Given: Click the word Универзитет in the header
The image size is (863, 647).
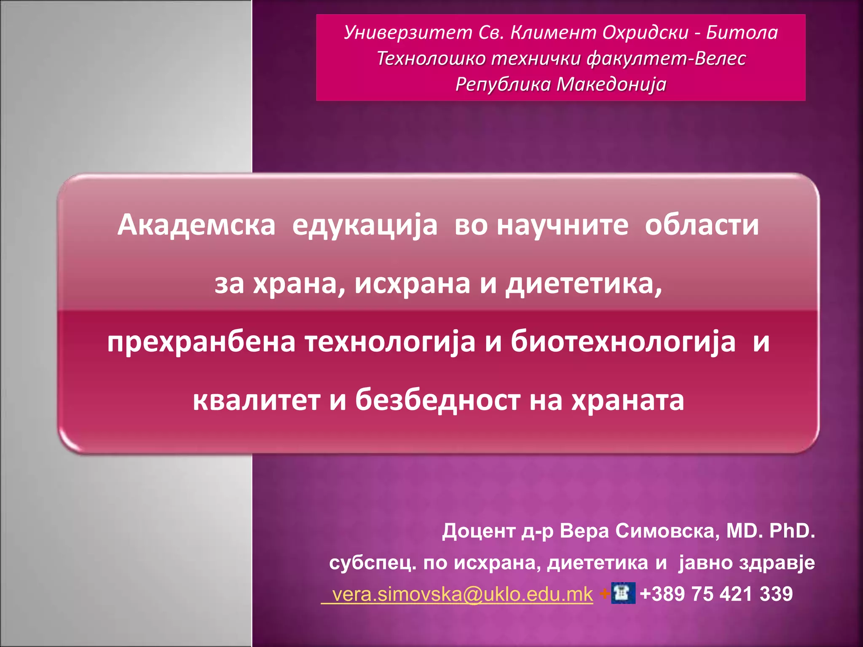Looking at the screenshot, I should [x=408, y=32].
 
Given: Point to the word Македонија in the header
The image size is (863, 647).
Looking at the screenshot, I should [x=611, y=84].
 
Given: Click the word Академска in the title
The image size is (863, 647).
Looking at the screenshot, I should [x=196, y=225].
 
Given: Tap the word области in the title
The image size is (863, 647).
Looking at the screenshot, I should [x=702, y=225].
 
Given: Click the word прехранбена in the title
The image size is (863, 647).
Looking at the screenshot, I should [x=201, y=342].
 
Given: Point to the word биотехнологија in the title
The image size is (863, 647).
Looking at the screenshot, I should [x=623, y=342].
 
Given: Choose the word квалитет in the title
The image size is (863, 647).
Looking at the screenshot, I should [x=256, y=400].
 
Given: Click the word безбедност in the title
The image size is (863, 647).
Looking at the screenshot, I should [x=437, y=399].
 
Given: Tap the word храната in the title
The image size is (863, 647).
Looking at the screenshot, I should [x=627, y=400].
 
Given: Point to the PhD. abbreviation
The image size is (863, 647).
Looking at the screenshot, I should [x=792, y=531].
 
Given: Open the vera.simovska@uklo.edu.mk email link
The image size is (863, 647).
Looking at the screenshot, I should [x=462, y=594].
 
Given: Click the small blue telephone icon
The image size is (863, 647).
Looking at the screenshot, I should [x=623, y=593].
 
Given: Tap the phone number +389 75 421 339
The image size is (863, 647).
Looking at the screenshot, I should [x=716, y=594].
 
